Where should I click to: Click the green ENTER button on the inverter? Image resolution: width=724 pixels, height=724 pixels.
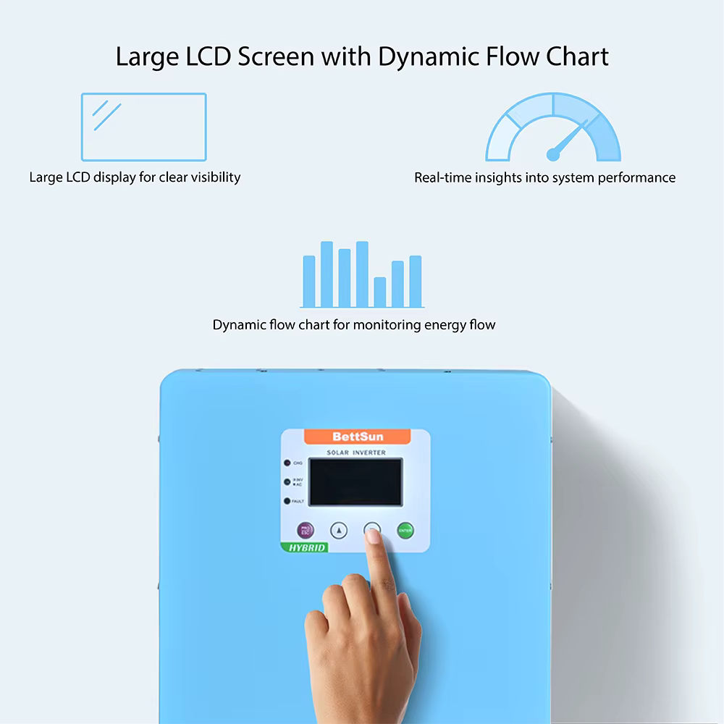tap(405, 531)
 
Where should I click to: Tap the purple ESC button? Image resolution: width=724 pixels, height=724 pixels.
tap(305, 531)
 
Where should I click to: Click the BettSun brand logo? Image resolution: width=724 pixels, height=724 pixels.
tap(358, 437)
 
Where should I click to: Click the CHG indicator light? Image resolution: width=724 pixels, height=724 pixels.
tap(288, 463)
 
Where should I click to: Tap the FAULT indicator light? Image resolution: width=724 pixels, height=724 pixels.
tap(288, 501)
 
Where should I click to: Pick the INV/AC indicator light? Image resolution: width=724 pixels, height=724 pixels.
tap(288, 481)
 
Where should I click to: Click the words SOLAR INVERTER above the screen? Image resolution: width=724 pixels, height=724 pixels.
tap(356, 452)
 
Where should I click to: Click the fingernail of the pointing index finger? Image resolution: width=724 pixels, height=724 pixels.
tap(373, 536)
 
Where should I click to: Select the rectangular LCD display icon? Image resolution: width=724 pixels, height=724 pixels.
tap(143, 127)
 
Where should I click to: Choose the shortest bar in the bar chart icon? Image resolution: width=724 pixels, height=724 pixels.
tap(380, 292)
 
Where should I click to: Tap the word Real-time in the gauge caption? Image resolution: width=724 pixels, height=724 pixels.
tap(442, 177)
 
